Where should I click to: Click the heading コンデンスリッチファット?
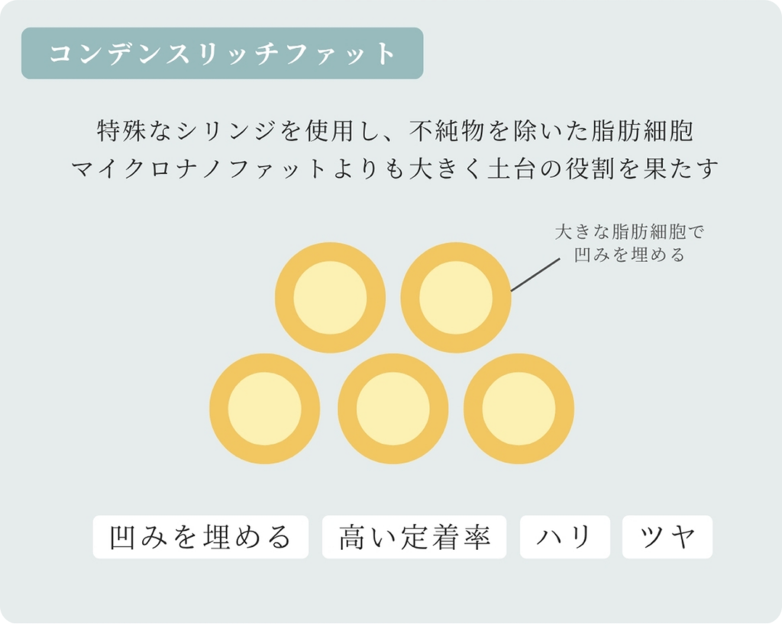(222, 53)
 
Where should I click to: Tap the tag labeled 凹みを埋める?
(201, 537)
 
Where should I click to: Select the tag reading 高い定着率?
(414, 537)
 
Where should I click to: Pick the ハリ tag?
(565, 537)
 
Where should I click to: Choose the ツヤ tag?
(667, 537)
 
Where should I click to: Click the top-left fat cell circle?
(330, 298)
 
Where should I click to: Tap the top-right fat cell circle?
(456, 298)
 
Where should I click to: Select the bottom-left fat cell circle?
(265, 409)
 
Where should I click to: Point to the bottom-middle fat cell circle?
(393, 409)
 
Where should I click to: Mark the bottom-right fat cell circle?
(519, 409)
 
